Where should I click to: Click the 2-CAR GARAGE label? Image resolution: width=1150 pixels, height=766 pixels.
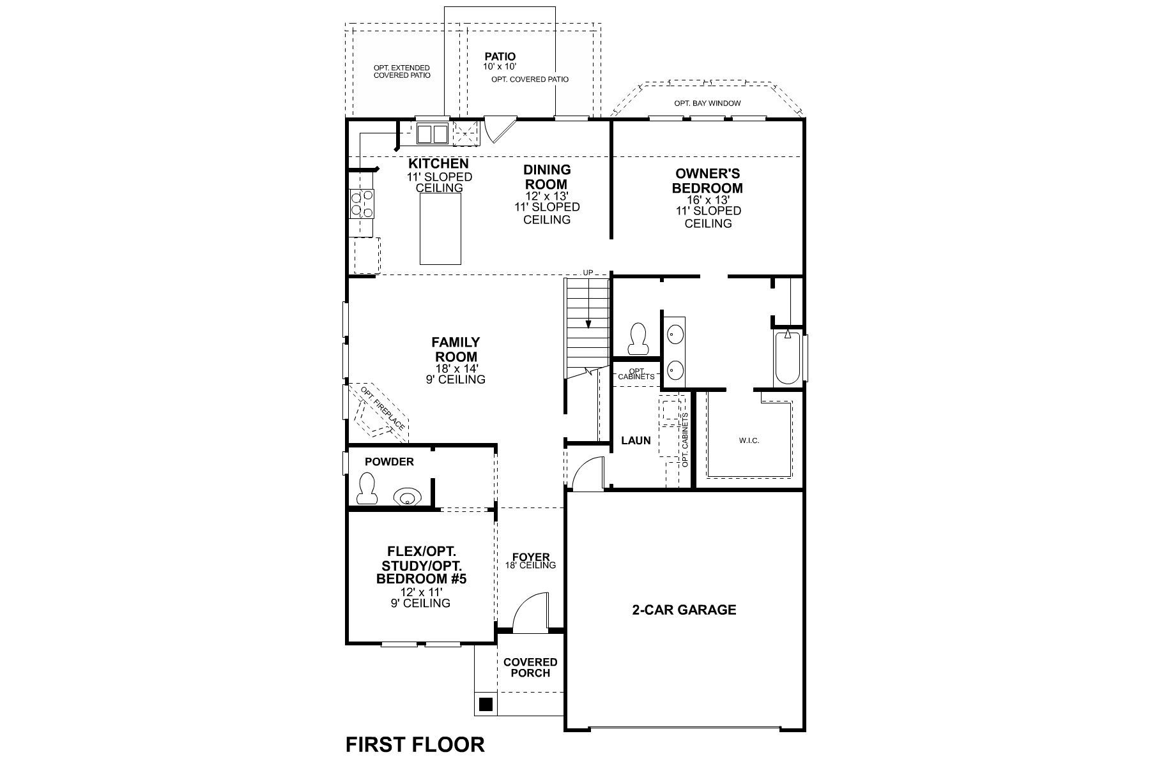684,610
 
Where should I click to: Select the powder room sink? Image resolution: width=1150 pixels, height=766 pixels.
406,496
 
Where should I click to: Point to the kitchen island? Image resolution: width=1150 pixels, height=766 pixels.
440,229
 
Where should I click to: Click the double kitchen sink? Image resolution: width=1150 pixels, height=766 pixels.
433,134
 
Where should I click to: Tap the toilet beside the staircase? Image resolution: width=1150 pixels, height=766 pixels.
638,339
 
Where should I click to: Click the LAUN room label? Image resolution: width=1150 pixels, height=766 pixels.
636,440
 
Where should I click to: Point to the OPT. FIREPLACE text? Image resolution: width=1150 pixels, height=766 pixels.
382,409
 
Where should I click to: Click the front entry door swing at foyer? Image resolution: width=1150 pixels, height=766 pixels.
530,613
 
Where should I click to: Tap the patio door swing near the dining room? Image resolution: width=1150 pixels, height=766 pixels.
497,130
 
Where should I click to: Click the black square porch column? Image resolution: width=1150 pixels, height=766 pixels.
486,705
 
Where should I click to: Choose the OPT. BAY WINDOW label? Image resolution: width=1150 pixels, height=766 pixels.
707,103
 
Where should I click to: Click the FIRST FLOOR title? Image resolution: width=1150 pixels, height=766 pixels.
415,744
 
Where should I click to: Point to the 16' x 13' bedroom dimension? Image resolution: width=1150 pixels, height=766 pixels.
708,200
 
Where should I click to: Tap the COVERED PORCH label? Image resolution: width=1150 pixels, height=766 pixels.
530,668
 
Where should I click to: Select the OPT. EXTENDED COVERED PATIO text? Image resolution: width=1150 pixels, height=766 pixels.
401,71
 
